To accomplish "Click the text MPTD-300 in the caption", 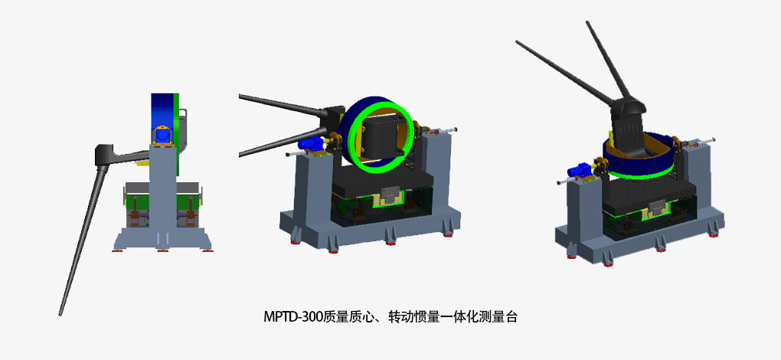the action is pos(292,316).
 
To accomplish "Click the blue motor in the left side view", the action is pos(162,135).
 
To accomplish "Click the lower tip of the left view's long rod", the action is pos(60,315).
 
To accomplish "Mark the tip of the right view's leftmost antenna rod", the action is pos(517,42).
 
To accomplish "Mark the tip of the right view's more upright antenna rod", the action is pos(587,21).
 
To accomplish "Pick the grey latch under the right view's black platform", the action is pos(661,205).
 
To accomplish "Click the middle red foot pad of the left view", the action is pos(162,250).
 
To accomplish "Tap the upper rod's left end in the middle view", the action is pos(240,96).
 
